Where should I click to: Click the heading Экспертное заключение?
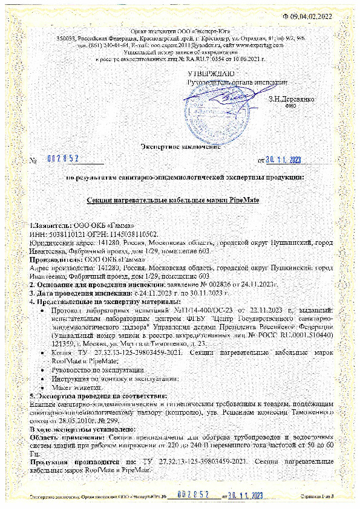181,146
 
